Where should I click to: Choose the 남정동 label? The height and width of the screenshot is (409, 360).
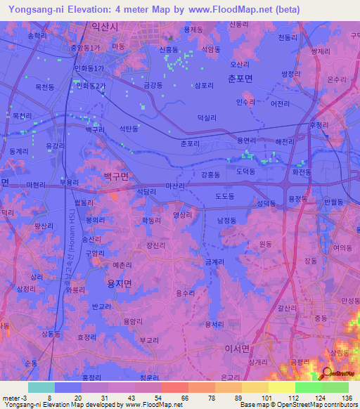[227, 220]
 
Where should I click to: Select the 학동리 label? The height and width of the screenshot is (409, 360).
[151, 221]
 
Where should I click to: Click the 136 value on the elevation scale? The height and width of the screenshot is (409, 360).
[345, 397]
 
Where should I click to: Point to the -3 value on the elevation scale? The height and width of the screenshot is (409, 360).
[20, 397]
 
